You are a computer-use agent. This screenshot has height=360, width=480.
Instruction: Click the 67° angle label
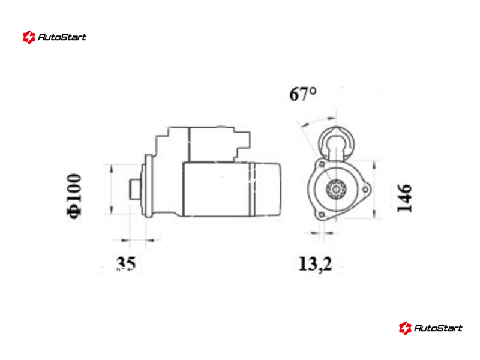pos(303,94)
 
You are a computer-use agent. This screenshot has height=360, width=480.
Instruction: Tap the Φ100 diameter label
pos(74,196)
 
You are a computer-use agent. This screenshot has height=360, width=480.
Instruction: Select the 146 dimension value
pos(404,198)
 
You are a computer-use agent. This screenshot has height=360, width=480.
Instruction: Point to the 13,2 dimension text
pos(315,264)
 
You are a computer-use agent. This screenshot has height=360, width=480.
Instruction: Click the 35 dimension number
pos(126,263)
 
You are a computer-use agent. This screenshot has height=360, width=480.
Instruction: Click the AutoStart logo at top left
pos(55,37)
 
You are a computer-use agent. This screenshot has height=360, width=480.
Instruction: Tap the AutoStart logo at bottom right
pos(430,328)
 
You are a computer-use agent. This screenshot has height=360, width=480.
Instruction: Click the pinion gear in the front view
pos(336,189)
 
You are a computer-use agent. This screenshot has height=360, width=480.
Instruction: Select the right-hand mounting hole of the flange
pos(365,190)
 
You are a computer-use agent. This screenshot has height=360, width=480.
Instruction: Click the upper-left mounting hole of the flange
pos(322,164)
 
